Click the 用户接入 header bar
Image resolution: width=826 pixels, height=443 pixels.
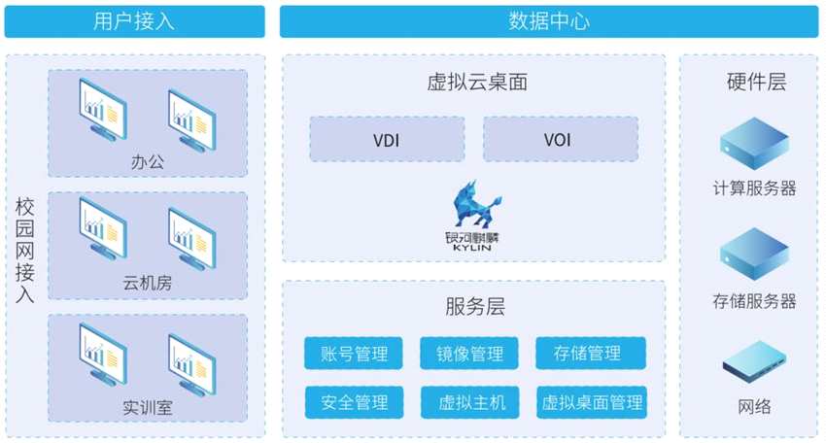pyautogui.click(x=134, y=21)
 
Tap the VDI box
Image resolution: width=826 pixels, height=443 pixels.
pyautogui.click(x=386, y=140)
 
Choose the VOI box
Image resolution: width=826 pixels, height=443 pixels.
pyautogui.click(x=559, y=140)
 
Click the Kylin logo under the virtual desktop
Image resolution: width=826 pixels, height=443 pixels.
pyautogui.click(x=473, y=216)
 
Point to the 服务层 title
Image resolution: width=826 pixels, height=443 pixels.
pyautogui.click(x=473, y=308)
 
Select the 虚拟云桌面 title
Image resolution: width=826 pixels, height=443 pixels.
pyautogui.click(x=473, y=82)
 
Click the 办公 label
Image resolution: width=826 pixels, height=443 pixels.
pyautogui.click(x=148, y=161)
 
